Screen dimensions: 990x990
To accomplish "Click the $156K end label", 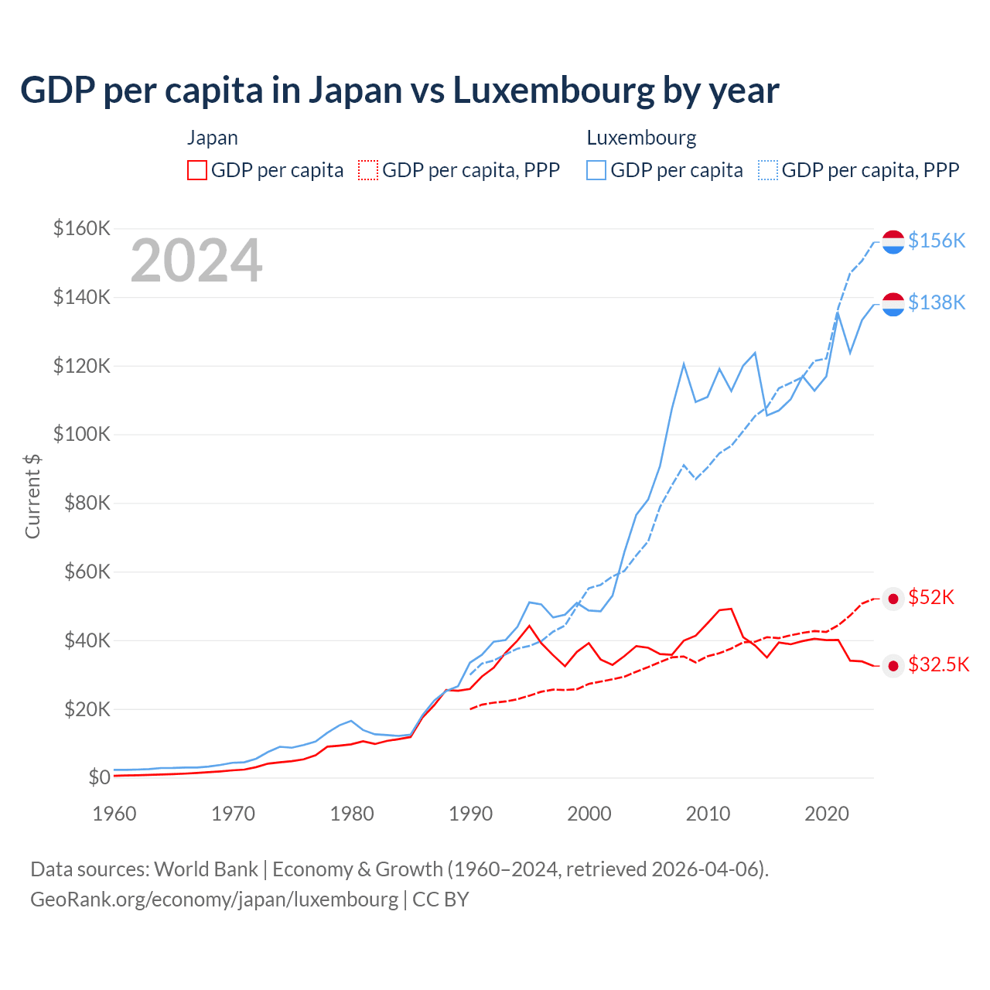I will [x=937, y=241].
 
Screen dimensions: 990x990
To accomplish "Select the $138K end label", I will [x=937, y=302].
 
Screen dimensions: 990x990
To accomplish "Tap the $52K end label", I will [x=931, y=597].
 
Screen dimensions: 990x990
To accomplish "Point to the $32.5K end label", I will [x=938, y=664].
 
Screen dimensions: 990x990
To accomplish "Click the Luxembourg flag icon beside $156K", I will [x=893, y=242].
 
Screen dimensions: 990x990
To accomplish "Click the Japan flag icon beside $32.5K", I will [x=893, y=666].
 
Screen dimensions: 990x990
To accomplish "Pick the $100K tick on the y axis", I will [x=81, y=434].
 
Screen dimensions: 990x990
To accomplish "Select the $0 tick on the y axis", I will [x=98, y=777].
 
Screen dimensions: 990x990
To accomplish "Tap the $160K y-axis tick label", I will [x=81, y=228].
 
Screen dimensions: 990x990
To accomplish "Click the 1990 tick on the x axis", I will [x=470, y=814].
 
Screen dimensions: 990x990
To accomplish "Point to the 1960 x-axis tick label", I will [x=114, y=814].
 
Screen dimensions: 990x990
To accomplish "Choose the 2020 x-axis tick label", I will [x=827, y=814].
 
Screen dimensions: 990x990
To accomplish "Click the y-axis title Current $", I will [x=32, y=496].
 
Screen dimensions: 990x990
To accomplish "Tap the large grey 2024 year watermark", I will [x=196, y=261].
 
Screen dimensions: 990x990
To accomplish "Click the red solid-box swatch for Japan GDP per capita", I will [x=197, y=170].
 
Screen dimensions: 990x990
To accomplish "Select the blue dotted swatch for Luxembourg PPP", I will [x=768, y=170].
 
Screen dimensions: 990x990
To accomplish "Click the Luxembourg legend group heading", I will [x=641, y=138].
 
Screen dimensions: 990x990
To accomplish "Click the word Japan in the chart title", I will [x=355, y=90].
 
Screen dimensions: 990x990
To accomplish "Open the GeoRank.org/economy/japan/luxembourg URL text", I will [x=214, y=900].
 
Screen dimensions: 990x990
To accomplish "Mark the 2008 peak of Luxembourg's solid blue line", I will [x=684, y=363].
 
